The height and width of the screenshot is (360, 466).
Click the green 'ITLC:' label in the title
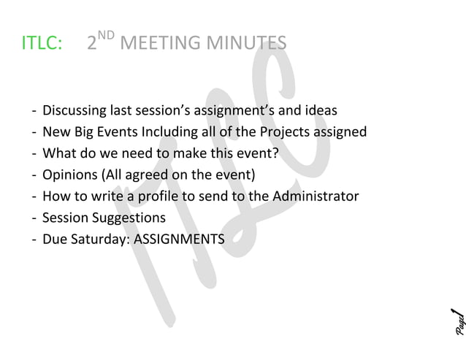[x=41, y=43]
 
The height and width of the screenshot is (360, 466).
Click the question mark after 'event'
[x=277, y=154]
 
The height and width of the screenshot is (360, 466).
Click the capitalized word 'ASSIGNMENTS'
[x=180, y=239]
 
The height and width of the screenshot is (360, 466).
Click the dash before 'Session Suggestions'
[x=34, y=218]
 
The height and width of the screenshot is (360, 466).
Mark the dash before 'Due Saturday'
[x=34, y=239]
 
